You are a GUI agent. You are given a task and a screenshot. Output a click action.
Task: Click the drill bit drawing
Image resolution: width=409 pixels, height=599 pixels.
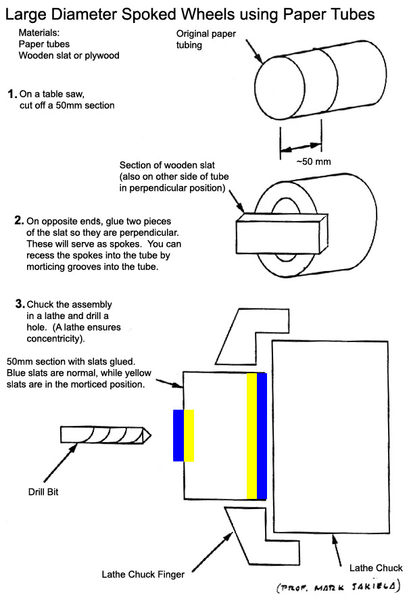click(105, 435)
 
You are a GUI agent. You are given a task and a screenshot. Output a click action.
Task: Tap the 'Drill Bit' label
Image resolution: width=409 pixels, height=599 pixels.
click(43, 492)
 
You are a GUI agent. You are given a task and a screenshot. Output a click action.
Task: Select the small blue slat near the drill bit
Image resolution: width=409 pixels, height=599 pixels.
click(178, 435)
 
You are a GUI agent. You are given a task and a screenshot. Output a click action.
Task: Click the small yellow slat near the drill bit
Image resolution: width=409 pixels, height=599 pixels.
click(189, 435)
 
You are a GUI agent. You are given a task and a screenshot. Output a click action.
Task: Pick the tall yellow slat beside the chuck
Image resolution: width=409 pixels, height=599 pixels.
click(251, 435)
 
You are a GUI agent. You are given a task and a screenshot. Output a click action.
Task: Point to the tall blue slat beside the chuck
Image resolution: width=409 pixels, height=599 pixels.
click(262, 435)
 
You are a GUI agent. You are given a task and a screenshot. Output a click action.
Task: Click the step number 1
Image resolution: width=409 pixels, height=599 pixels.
click(10, 93)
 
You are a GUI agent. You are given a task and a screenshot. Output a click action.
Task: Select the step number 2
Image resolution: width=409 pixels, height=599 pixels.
click(18, 220)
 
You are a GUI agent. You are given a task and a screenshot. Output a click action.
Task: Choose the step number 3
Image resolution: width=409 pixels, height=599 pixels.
click(20, 304)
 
